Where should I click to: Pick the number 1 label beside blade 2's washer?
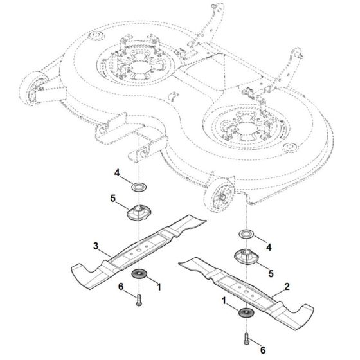224,300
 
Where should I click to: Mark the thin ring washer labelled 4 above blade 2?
245,233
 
